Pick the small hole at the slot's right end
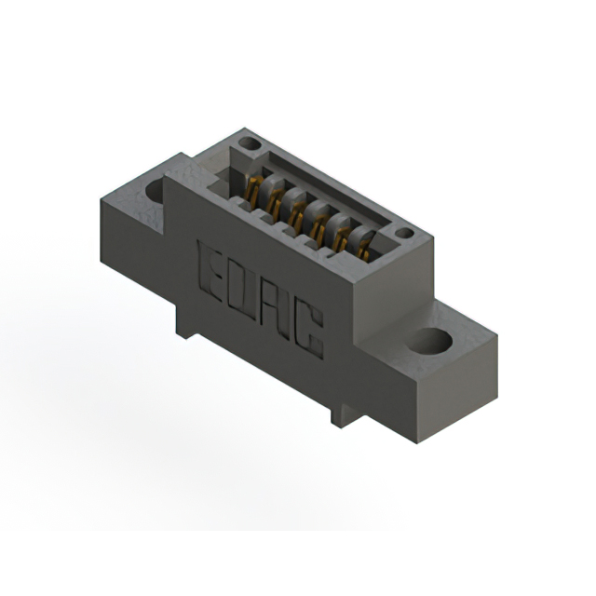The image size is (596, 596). (403, 233)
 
